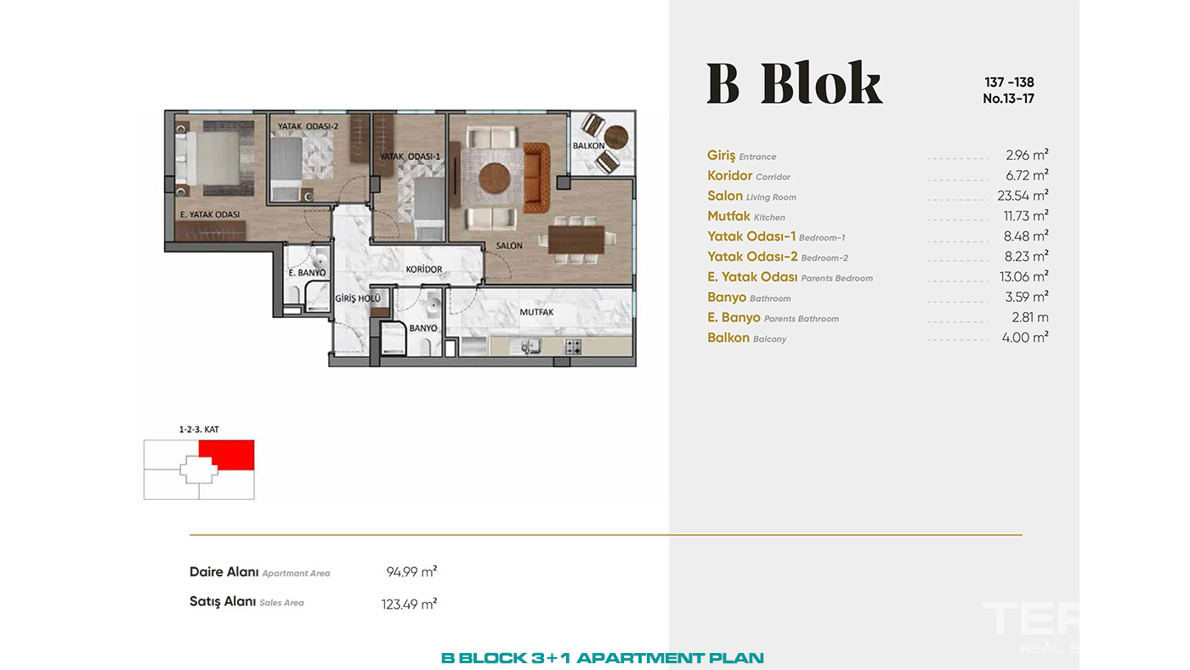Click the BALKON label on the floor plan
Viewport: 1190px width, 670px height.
point(588,145)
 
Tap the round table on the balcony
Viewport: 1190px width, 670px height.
point(616,137)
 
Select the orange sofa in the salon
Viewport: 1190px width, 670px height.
point(536,178)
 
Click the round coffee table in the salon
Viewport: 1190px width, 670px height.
point(495,178)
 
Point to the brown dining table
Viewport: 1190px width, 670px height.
point(576,240)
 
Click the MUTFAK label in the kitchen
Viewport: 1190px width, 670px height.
point(536,312)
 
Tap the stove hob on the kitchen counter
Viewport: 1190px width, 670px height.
point(573,347)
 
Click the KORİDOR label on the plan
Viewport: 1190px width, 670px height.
point(424,270)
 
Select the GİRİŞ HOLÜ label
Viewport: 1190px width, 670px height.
point(358,298)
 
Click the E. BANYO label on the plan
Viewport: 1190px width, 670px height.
point(307,273)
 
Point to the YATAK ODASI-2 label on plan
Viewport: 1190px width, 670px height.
point(308,127)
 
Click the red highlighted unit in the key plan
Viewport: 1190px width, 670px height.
point(227,455)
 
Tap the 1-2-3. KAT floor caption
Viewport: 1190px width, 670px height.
point(199,429)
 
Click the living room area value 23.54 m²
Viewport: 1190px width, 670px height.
point(1023,196)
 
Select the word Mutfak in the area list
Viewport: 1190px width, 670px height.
point(728,216)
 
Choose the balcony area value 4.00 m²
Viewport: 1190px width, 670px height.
point(1025,338)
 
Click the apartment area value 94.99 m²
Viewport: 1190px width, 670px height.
point(411,571)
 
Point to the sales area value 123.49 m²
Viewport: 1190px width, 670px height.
point(409,605)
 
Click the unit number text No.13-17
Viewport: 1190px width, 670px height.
point(1008,99)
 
